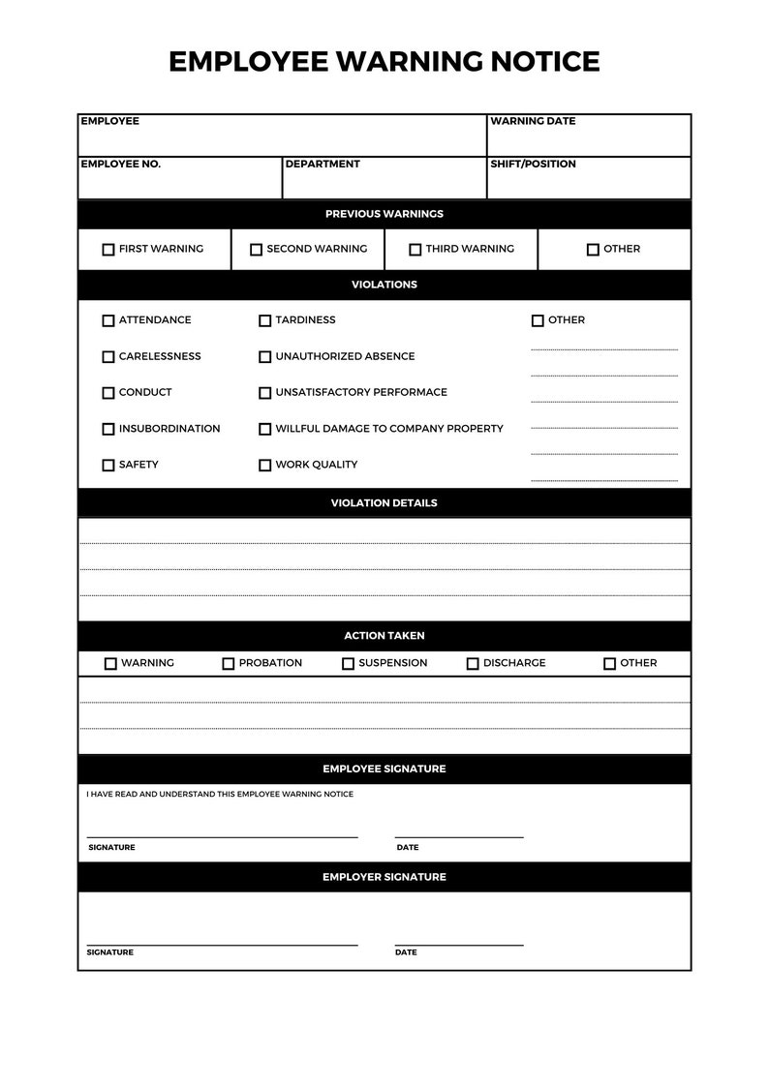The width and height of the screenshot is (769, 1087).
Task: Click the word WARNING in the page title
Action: (410, 62)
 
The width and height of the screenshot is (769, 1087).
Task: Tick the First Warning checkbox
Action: (108, 250)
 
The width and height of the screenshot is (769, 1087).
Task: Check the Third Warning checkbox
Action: (415, 250)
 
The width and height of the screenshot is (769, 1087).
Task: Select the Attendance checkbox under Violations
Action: (108, 320)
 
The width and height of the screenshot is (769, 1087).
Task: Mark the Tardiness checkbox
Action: (264, 320)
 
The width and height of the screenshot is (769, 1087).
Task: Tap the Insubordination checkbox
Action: (108, 429)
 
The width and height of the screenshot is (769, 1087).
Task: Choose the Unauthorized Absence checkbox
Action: (264, 357)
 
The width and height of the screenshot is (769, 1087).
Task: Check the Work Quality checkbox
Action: (264, 466)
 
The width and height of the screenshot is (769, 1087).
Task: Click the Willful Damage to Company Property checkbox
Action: (264, 429)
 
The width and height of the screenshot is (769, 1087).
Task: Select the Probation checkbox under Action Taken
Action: (229, 664)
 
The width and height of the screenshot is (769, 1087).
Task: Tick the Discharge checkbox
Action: (473, 664)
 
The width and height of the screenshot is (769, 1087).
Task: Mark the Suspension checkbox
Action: (348, 664)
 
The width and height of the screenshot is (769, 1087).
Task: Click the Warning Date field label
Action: (533, 122)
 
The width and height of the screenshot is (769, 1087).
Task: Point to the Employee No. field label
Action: (121, 165)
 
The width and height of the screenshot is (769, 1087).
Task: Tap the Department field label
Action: (323, 165)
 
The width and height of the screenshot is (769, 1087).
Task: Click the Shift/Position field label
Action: (533, 165)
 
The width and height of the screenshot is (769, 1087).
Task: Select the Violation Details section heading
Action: (384, 503)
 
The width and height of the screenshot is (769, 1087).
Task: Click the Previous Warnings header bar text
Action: (384, 214)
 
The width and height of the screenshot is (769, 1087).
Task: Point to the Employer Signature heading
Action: (384, 877)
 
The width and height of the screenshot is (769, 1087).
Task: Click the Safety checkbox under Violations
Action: (108, 466)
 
